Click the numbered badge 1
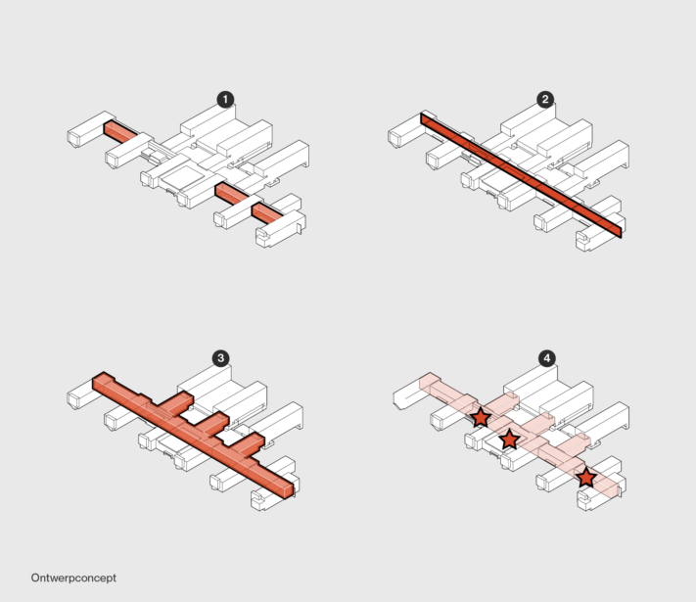click(225, 100)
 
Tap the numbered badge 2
click(545, 100)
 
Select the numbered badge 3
click(220, 358)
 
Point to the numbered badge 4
click(547, 358)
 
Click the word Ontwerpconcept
click(73, 579)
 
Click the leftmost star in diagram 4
click(481, 417)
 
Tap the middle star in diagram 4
click(510, 440)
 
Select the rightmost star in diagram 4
click(586, 478)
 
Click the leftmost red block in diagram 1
click(120, 132)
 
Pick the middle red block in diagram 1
click(232, 194)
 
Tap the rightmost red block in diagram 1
click(267, 213)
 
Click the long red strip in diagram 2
click(521, 175)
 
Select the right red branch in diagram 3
click(248, 445)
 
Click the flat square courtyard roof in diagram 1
click(182, 175)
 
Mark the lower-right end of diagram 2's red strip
click(621, 232)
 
